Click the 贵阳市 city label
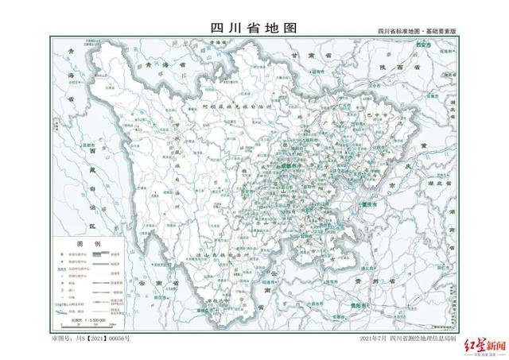364,305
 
